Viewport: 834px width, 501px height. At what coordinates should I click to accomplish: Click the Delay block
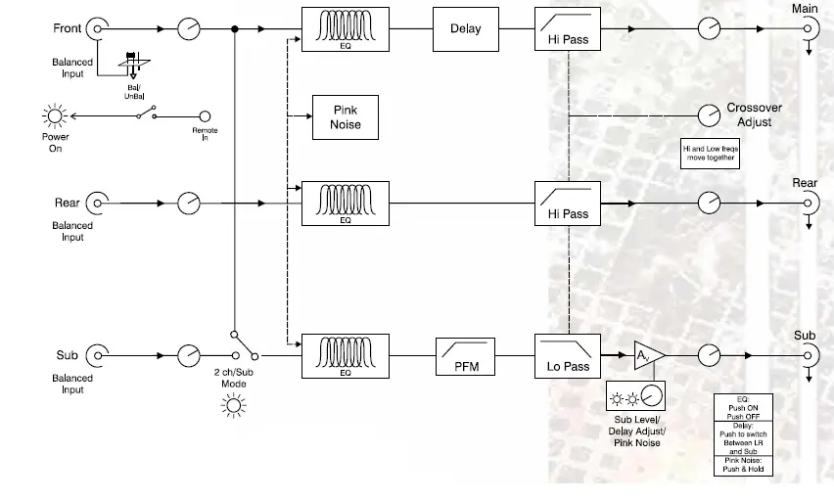coord(465,29)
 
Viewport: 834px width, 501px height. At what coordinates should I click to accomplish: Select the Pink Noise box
coord(346,117)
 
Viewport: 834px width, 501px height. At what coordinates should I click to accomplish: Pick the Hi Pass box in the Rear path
coord(568,204)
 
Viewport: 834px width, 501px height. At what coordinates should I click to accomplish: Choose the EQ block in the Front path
coord(345,29)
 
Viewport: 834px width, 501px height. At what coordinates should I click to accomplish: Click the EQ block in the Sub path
coord(345,355)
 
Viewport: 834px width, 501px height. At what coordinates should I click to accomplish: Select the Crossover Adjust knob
coord(708,115)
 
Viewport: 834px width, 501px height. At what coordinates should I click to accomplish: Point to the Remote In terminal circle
coord(205,116)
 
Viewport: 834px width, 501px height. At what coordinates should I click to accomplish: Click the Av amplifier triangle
coord(647,355)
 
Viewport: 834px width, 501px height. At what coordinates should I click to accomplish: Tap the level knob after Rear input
coord(188,204)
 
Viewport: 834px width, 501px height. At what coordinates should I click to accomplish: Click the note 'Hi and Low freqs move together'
coord(710,153)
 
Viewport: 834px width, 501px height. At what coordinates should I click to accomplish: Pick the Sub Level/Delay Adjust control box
coord(634,396)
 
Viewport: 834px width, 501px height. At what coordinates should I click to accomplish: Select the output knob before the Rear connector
coord(708,204)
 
